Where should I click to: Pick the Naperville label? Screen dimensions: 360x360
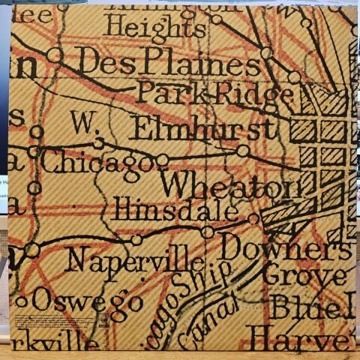pyautogui.click(x=134, y=260)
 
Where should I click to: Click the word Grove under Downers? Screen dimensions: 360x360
pyautogui.click(x=304, y=276)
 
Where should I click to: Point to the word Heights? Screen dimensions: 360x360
pyautogui.click(x=154, y=27)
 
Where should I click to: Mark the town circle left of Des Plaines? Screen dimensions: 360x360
pyautogui.click(x=54, y=54)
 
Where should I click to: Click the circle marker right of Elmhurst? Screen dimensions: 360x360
pyautogui.click(x=243, y=151)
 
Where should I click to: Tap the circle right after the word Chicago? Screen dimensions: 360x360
pyautogui.click(x=162, y=160)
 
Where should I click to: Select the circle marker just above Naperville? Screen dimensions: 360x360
pyautogui.click(x=136, y=240)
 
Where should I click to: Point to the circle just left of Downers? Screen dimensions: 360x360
pyautogui.click(x=208, y=232)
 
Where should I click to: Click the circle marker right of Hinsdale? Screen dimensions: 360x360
pyautogui.click(x=254, y=219)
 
